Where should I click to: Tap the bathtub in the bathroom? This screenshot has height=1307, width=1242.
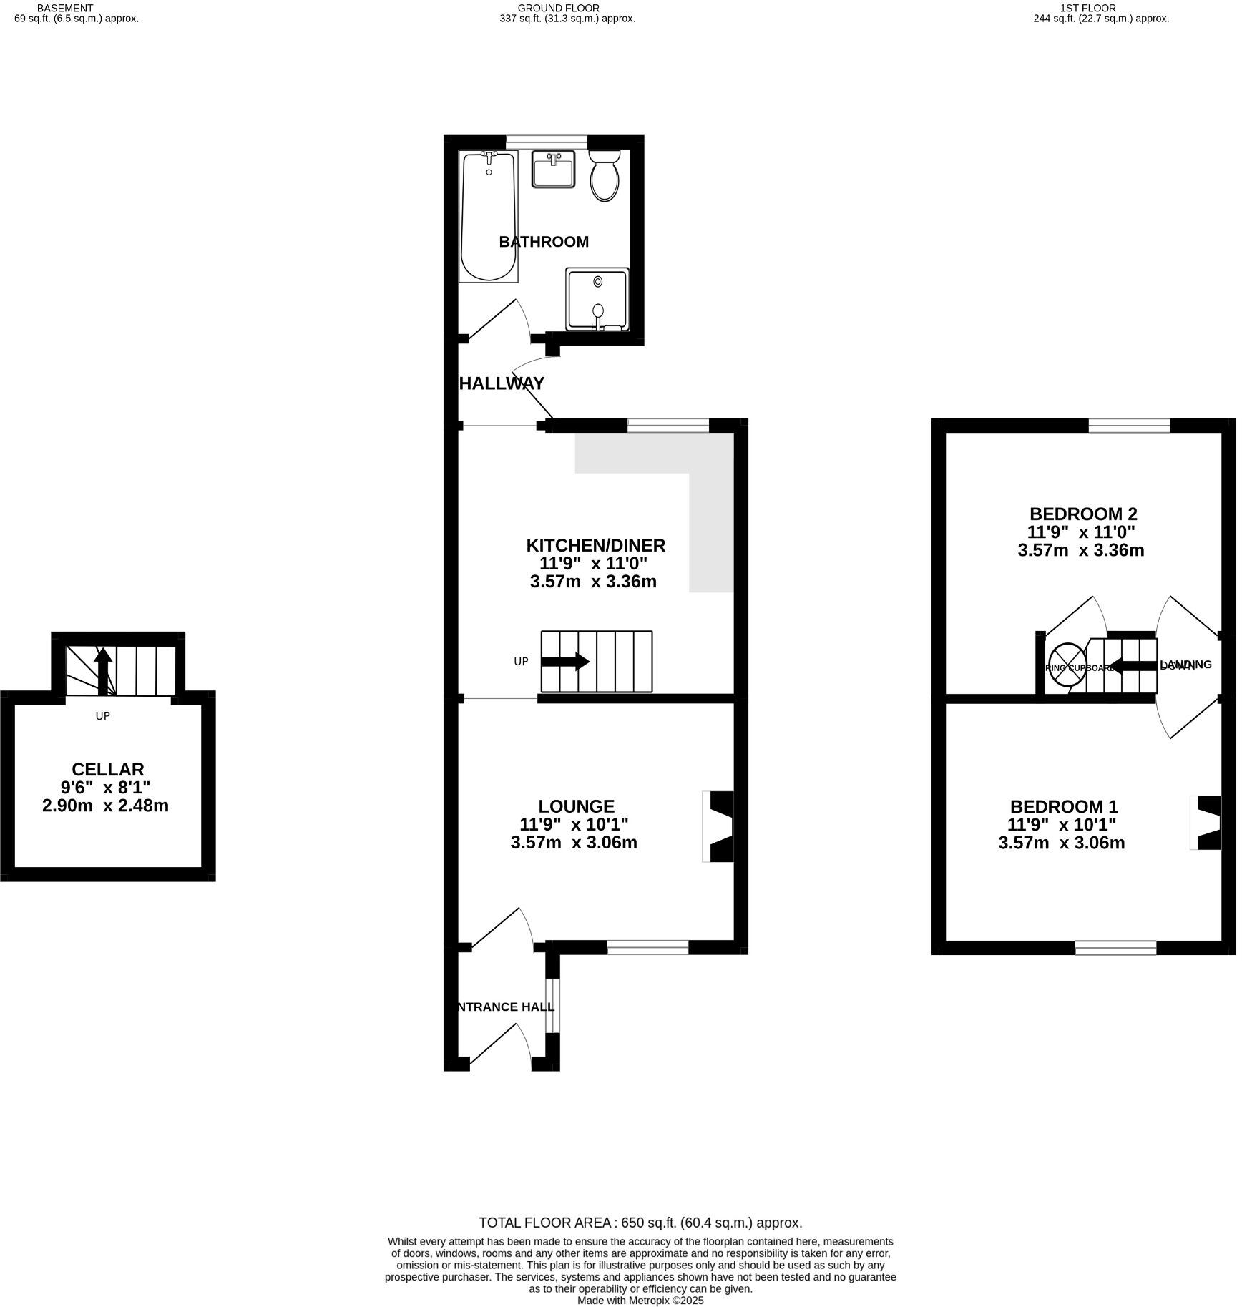[x=488, y=216]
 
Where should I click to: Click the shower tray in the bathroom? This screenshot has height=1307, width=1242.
[x=597, y=300]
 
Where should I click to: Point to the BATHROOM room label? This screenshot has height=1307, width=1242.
[x=544, y=242]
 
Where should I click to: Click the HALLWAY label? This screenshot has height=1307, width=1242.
[x=502, y=383]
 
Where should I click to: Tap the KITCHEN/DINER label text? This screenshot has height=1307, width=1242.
[x=595, y=545]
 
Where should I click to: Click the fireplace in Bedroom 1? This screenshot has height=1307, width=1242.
[x=1206, y=823]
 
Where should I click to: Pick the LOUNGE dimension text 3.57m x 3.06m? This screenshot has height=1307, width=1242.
[x=574, y=843]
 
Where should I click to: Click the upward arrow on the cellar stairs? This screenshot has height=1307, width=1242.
[x=103, y=671]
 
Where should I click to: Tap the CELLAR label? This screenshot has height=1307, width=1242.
[x=108, y=769]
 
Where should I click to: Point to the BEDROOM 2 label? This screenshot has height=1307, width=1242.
[x=1083, y=514]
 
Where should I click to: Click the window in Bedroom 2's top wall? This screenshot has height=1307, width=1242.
[x=1129, y=426]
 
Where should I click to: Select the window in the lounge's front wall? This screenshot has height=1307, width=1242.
[x=647, y=948]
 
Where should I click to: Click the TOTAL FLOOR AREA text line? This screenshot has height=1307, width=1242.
[x=640, y=1223]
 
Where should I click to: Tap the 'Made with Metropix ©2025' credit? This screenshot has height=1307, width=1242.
[x=640, y=1300]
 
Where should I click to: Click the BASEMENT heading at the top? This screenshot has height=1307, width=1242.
[x=65, y=8]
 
